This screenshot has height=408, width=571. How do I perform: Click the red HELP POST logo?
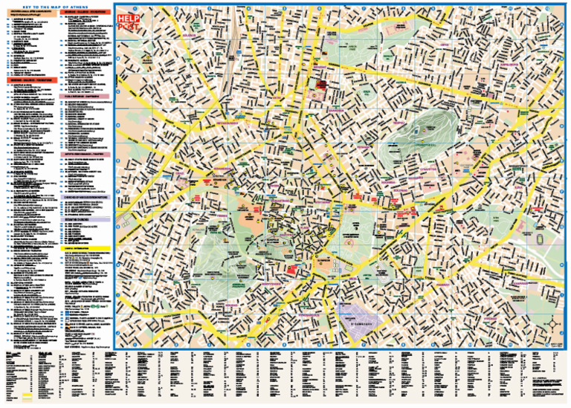click(x=129, y=23)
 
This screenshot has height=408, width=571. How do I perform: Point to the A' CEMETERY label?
click(x=362, y=324)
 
